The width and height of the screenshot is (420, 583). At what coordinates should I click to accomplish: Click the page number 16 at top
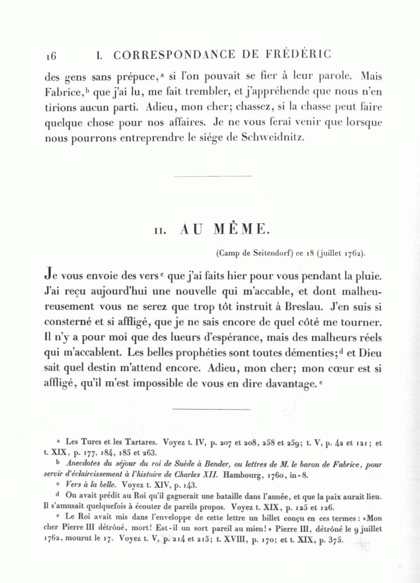pyautogui.click(x=51, y=56)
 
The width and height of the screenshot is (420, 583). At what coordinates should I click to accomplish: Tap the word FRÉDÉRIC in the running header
pyautogui.click(x=299, y=54)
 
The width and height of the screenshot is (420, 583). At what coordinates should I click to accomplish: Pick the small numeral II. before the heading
pyautogui.click(x=160, y=231)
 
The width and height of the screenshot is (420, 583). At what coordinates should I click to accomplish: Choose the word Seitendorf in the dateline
pyautogui.click(x=267, y=254)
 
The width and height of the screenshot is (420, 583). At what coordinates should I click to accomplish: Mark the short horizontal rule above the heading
pyautogui.click(x=212, y=176)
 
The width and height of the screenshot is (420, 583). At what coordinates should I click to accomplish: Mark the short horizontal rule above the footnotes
pyautogui.click(x=212, y=409)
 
